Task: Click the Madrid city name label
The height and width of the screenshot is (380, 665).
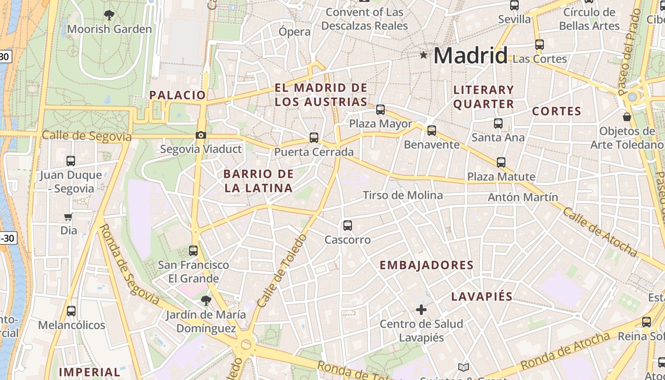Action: pyautogui.click(x=470, y=56)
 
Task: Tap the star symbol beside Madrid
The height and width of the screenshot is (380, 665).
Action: pyautogui.click(x=423, y=55)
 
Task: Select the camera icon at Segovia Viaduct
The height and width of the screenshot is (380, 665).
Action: pyautogui.click(x=201, y=135)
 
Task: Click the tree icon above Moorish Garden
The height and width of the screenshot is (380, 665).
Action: pyautogui.click(x=109, y=15)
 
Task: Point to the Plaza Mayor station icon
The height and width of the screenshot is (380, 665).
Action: pyautogui.click(x=380, y=110)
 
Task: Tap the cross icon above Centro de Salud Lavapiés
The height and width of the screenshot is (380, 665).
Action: pyautogui.click(x=421, y=310)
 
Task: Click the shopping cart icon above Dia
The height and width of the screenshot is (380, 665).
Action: pyautogui.click(x=68, y=217)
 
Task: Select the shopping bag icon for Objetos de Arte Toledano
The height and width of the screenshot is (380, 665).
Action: pyautogui.click(x=627, y=116)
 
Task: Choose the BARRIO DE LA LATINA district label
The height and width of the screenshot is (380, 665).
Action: pyautogui.click(x=258, y=181)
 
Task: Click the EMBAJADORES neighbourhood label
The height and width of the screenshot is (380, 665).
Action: pyautogui.click(x=427, y=266)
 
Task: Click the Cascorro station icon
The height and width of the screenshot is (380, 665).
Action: pyautogui.click(x=348, y=226)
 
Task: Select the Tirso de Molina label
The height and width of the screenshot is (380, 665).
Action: pyautogui.click(x=403, y=195)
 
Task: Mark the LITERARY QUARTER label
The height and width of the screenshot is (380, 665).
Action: pyautogui.click(x=484, y=97)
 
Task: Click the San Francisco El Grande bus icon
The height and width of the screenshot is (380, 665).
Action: pyautogui.click(x=193, y=250)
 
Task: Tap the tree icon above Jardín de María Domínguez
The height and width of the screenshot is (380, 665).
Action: pyautogui.click(x=206, y=300)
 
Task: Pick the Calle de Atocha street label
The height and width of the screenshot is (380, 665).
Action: pyautogui.click(x=599, y=231)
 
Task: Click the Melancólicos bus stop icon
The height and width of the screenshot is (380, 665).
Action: pyautogui.click(x=71, y=311)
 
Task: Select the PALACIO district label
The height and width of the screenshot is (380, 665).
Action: pyautogui.click(x=178, y=95)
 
